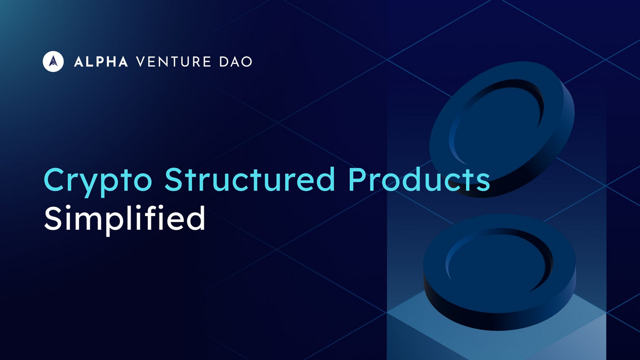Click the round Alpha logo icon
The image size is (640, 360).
point(53,61)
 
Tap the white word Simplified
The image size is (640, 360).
point(124,219)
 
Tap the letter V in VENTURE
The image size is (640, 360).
point(141,62)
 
